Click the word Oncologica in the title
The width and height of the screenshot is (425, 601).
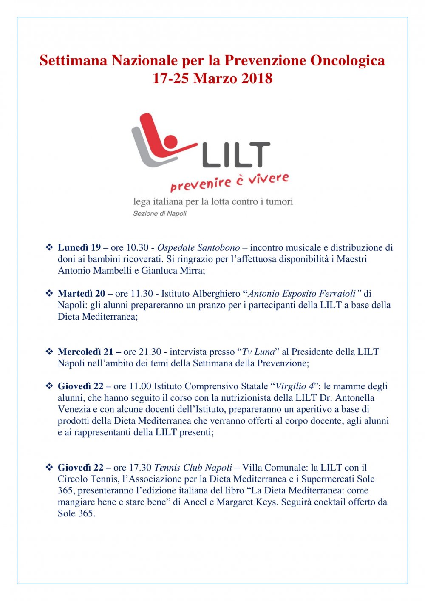coord(348,60)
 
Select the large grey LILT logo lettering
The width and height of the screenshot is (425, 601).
coord(236,155)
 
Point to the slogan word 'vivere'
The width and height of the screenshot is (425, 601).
coord(269,179)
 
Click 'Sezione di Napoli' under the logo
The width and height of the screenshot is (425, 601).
coord(160,213)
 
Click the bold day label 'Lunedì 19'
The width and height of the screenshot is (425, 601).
coord(79,247)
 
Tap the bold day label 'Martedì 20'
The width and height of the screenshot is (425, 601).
coord(82,293)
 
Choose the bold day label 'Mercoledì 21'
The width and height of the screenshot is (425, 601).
coord(85,352)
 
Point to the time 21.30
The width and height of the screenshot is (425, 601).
coord(150,352)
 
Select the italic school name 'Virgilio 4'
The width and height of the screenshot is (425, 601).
coord(295,386)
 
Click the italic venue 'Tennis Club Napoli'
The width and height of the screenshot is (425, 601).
coord(193,467)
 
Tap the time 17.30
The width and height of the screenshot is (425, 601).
coord(140,467)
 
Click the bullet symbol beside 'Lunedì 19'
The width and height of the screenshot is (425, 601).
coord(49,247)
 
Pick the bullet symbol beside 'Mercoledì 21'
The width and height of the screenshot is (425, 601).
coord(49,352)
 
